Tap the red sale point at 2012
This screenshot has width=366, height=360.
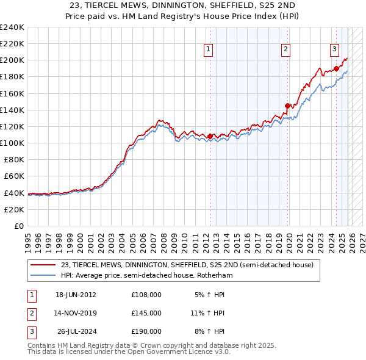pyautogui.click(x=210, y=136)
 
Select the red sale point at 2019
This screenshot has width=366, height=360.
pyautogui.click(x=288, y=106)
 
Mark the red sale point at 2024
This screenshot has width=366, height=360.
pyautogui.click(x=336, y=68)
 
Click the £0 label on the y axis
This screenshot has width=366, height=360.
pyautogui.click(x=19, y=226)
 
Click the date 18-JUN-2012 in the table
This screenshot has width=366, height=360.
pyautogui.click(x=76, y=295)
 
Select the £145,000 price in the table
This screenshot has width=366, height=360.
pyautogui.click(x=146, y=313)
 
